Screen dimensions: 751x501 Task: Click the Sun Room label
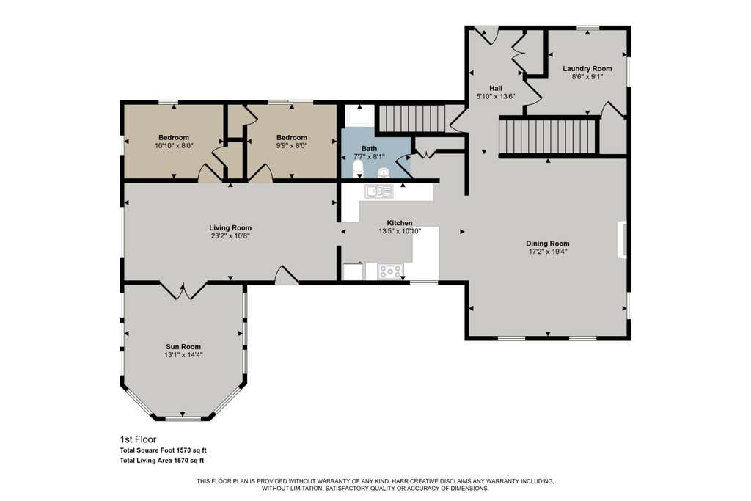coord(183,347)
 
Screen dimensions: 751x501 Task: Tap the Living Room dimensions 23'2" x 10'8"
coord(230,236)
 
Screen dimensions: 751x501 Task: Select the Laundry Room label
coord(587,68)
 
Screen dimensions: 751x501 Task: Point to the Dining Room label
coord(547,244)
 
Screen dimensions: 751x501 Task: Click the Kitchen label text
coord(400,223)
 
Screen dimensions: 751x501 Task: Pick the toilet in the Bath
coord(358,168)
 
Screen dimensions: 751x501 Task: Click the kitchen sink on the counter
coord(379,191)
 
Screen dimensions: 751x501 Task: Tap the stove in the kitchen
coord(390,271)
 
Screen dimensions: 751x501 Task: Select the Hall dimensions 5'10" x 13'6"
coord(496,96)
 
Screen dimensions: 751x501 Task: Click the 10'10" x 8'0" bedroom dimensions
coord(174,145)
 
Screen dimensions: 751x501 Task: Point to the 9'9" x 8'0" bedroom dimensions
coord(292,145)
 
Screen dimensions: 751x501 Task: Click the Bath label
coord(370,148)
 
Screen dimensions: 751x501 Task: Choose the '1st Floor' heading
coord(138,439)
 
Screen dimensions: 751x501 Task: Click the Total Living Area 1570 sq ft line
coord(162,461)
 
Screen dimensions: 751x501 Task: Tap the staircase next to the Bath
coord(412,119)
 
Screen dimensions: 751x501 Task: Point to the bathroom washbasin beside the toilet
coord(384,172)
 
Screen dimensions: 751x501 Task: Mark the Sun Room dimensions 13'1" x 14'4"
coord(183,355)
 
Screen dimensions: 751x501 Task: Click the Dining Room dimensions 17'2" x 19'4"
coord(547,252)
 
